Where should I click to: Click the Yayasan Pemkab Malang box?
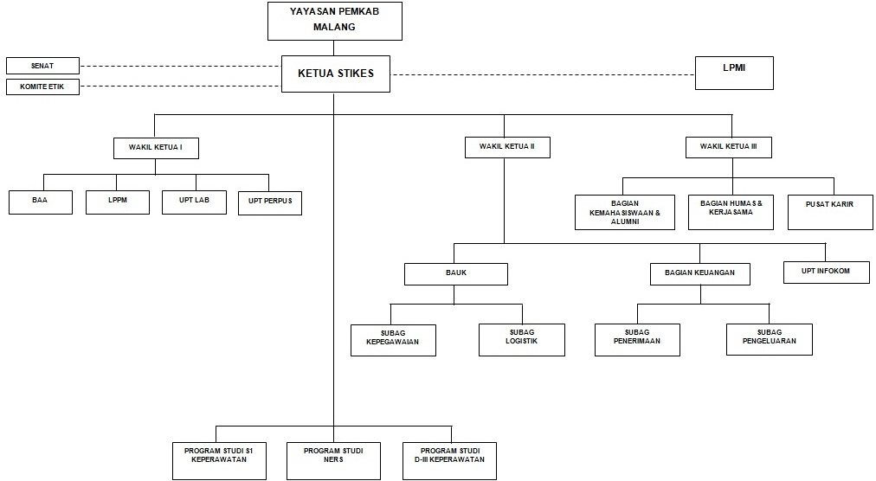(x=334, y=21)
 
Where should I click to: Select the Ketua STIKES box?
(x=335, y=74)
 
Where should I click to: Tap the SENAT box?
(x=42, y=66)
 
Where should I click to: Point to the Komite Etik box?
(x=42, y=87)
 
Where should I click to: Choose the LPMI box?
(x=734, y=73)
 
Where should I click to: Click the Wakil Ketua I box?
(x=156, y=148)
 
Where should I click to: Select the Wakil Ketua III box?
(x=728, y=148)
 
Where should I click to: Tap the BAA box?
(x=41, y=202)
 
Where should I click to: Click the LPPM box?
(x=118, y=202)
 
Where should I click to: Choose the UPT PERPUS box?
(x=269, y=202)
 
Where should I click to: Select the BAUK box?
(x=455, y=273)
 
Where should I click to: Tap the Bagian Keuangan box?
(x=699, y=273)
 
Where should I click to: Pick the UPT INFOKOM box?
(x=826, y=272)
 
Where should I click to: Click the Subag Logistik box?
(x=521, y=339)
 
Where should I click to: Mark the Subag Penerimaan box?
(x=637, y=339)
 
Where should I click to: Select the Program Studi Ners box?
(x=333, y=460)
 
